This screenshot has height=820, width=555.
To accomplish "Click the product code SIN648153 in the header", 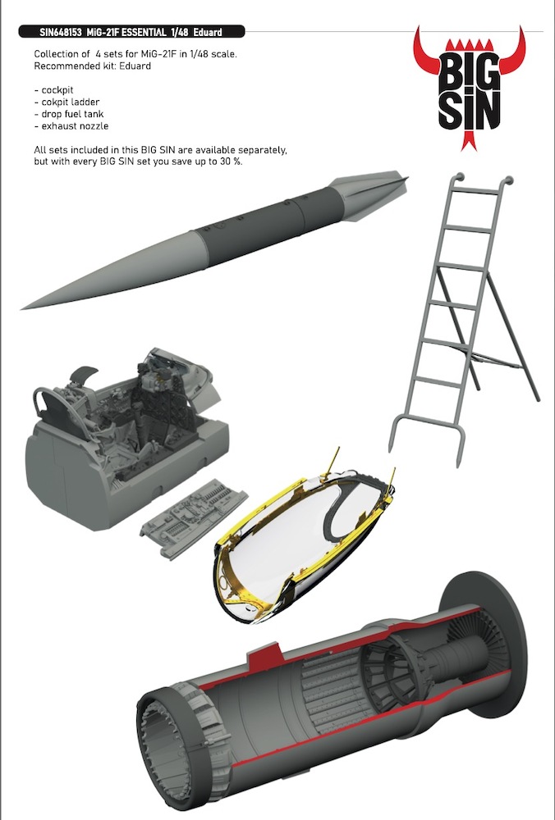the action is click(60, 33).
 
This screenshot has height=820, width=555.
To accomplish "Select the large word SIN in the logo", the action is click(470, 111).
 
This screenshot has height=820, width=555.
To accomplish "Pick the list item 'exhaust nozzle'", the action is click(71, 126).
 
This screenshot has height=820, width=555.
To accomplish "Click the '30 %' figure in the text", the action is click(232, 162).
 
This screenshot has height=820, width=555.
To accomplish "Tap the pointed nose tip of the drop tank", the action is click(22, 308).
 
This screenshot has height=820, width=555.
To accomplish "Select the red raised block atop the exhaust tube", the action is click(264, 658).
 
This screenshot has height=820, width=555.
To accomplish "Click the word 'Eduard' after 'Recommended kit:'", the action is click(135, 66).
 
